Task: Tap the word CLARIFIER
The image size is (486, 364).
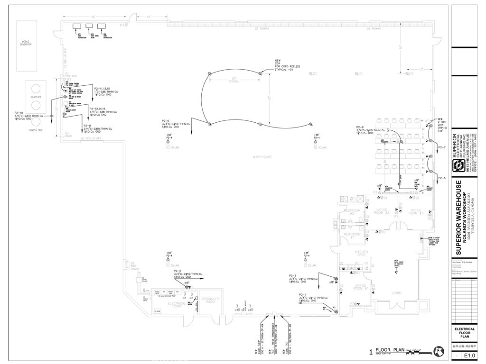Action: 36,97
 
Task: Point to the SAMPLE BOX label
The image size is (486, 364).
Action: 36,129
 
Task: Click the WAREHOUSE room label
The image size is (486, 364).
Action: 262,157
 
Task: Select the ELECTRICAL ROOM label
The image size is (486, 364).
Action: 177,304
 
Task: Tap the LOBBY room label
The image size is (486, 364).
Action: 397,293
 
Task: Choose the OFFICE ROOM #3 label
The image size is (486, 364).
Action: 417,211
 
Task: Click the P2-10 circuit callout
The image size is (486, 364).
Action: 20,113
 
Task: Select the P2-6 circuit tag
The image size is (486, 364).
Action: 166,120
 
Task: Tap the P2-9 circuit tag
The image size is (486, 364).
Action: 360,127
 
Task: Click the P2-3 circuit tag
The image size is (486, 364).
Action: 292,275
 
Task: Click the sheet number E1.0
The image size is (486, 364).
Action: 469,355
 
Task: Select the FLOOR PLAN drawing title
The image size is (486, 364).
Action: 390,350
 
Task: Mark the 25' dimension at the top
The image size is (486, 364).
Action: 93,17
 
